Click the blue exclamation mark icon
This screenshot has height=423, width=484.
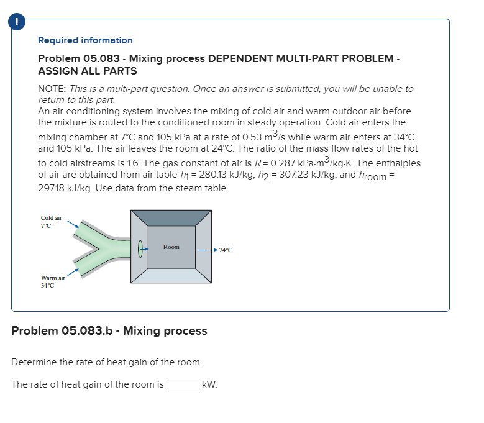click(x=12, y=20)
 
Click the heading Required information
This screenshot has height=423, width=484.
click(x=85, y=40)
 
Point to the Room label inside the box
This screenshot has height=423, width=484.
click(x=171, y=247)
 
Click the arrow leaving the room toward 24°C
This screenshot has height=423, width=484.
click(x=205, y=250)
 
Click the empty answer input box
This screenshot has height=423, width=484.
click(x=182, y=384)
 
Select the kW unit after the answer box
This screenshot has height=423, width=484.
click(x=209, y=384)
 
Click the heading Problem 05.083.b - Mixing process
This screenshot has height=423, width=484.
click(x=109, y=330)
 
